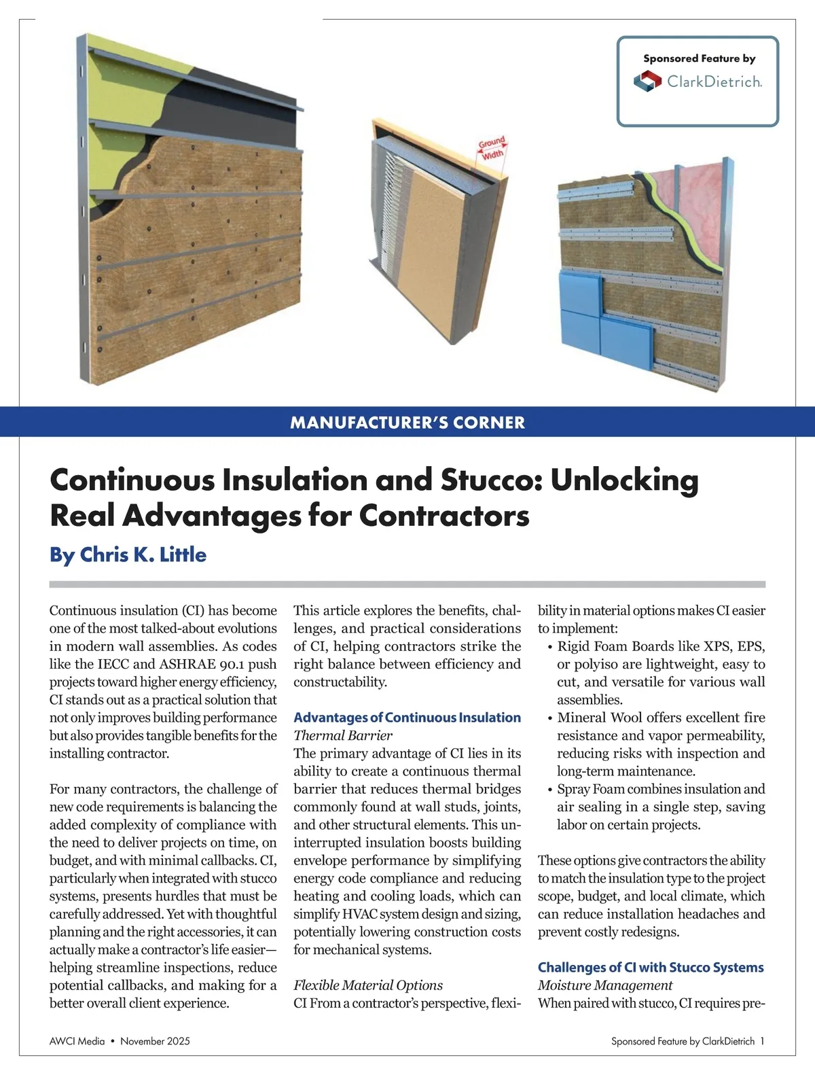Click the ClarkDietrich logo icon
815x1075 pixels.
point(647,82)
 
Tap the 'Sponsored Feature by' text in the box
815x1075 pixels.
point(699,58)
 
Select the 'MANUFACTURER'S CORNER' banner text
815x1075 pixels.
point(407,423)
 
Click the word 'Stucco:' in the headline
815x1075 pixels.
point(491,480)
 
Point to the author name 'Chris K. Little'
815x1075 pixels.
point(143,554)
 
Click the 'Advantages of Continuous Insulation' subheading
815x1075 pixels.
point(407,718)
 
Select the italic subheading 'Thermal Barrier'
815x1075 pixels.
point(343,735)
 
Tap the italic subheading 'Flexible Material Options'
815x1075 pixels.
point(367,985)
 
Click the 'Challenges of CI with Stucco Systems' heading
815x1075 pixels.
point(651,967)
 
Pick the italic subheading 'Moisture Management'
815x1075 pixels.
point(604,985)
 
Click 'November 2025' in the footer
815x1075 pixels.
point(155,1041)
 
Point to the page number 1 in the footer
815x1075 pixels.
point(763,1041)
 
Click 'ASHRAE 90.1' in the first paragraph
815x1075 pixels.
point(202,664)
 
